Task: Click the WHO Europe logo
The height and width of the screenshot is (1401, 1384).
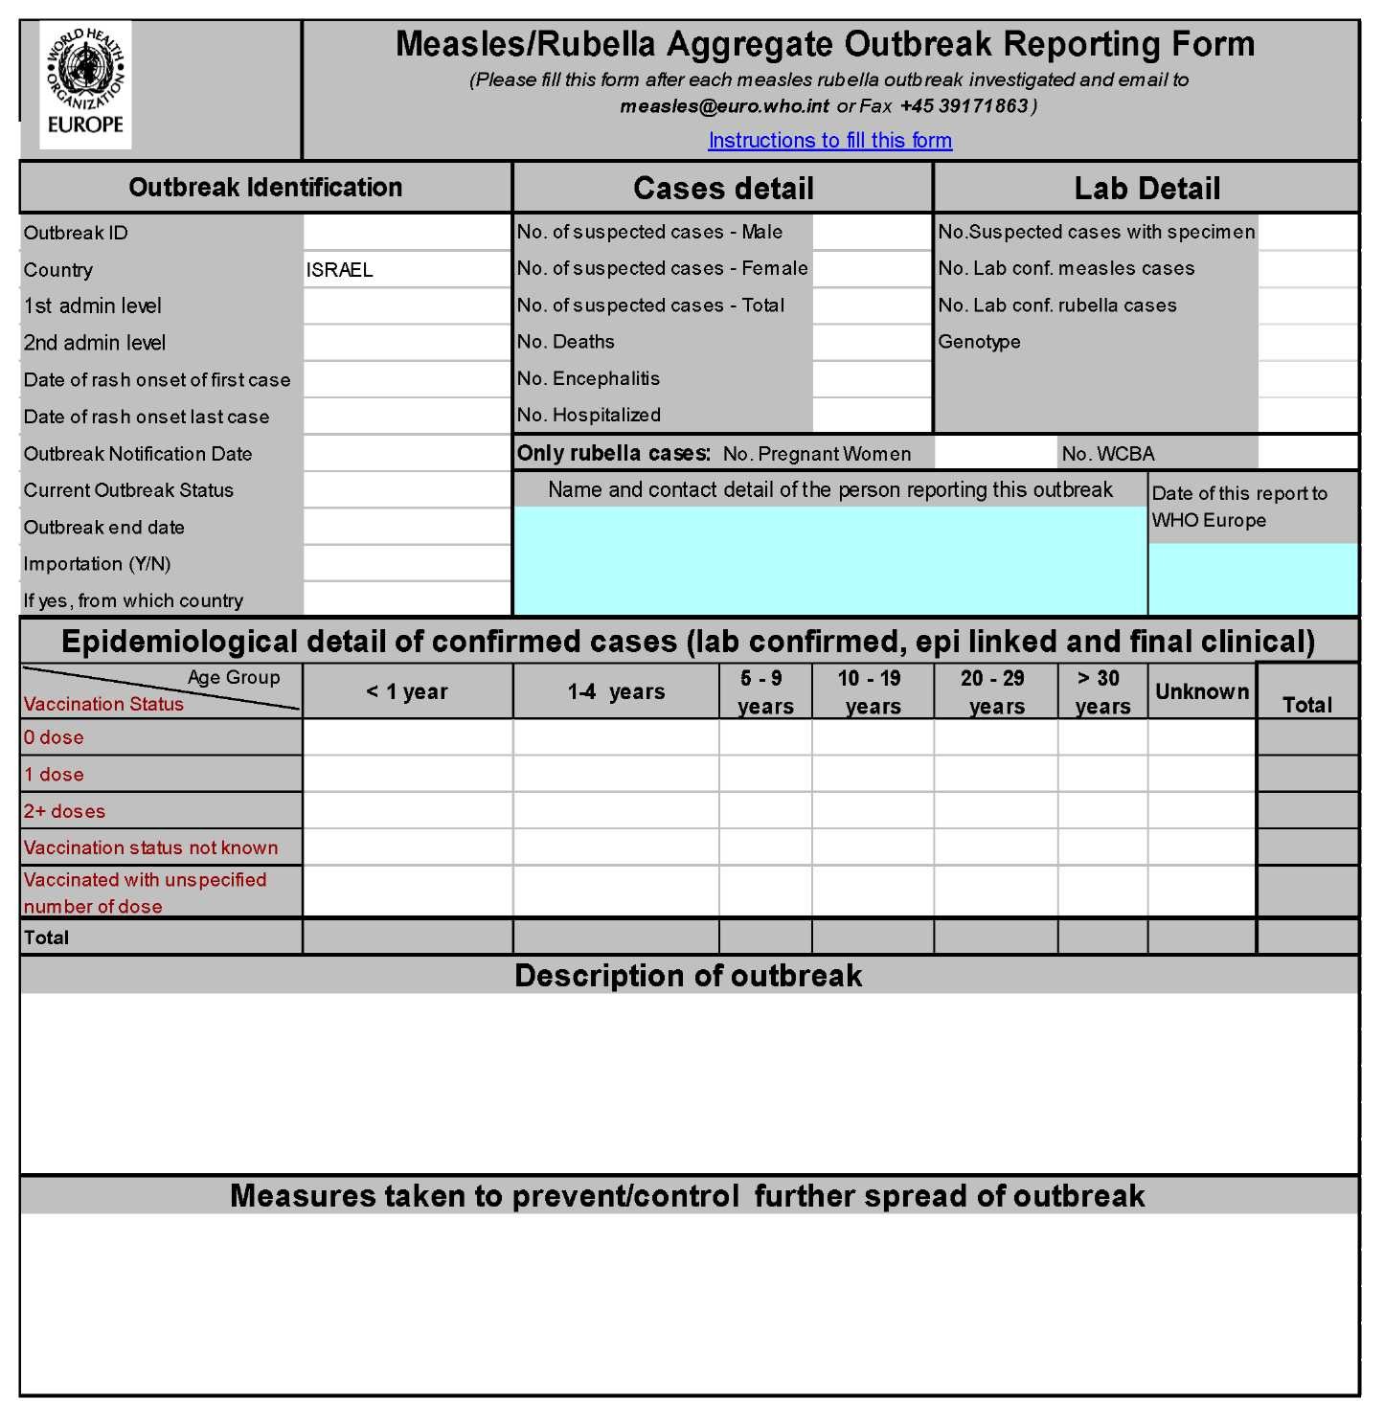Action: (x=85, y=84)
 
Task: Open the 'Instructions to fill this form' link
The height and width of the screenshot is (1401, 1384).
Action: (x=829, y=141)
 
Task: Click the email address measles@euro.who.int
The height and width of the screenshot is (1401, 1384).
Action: (x=724, y=106)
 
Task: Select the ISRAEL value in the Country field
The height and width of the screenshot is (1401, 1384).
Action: (x=340, y=270)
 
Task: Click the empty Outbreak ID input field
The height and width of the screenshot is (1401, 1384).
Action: (x=407, y=233)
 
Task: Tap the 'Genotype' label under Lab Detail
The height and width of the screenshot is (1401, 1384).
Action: (x=979, y=342)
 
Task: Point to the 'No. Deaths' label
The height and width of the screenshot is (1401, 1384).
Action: (x=566, y=342)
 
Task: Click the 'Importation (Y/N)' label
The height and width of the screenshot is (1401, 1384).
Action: (x=97, y=564)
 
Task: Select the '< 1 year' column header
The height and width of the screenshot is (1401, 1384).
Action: (x=407, y=691)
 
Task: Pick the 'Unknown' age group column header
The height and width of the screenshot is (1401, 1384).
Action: (x=1201, y=691)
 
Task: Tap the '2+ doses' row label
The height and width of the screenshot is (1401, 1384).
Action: (x=64, y=811)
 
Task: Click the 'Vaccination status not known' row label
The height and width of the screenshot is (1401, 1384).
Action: (x=150, y=847)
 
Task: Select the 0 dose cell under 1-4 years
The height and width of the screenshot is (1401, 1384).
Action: (x=616, y=737)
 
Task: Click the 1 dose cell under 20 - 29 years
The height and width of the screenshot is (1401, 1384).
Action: (x=995, y=774)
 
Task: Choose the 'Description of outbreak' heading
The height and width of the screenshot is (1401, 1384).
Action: (x=688, y=975)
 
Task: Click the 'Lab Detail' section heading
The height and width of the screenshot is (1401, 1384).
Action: (x=1146, y=189)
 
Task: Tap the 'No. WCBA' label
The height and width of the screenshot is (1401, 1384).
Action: (x=1108, y=454)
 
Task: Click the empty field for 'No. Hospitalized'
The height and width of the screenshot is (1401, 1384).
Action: (x=871, y=416)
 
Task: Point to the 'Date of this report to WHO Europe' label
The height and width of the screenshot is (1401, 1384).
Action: (x=1239, y=507)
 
